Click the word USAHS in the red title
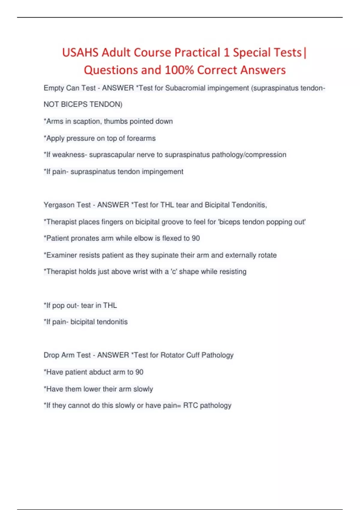[80, 52]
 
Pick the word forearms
[141, 138]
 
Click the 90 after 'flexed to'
[196, 238]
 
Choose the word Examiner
[60, 255]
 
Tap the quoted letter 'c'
[174, 271]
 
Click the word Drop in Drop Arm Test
[51, 355]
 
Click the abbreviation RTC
[190, 406]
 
